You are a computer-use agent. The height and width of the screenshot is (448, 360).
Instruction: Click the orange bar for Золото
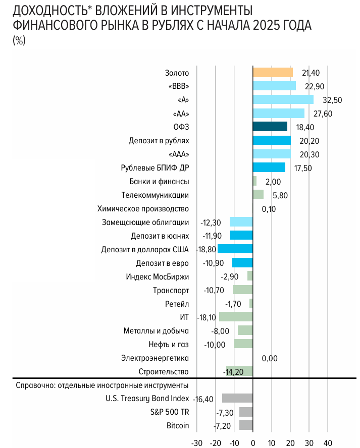pyautogui.click(x=273, y=73)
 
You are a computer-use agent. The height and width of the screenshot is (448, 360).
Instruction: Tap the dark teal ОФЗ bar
pyautogui.click(x=270, y=127)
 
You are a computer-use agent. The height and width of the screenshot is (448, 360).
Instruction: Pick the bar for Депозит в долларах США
pyautogui.click(x=235, y=249)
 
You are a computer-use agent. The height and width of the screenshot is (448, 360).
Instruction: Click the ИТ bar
pyautogui.click(x=236, y=317)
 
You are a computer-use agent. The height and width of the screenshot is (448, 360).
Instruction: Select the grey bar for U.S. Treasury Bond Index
pyautogui.click(x=237, y=398)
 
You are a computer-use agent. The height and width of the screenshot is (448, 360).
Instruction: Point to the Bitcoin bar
pyautogui.click(x=246, y=425)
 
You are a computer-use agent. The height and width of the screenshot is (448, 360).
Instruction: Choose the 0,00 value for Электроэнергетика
pyautogui.click(x=270, y=358)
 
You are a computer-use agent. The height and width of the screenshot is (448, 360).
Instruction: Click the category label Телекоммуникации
pyautogui.click(x=155, y=195)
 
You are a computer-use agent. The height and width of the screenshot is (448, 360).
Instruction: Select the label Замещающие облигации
pyautogui.click(x=145, y=222)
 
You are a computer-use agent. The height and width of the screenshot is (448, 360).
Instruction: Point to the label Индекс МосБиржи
pyautogui.click(x=157, y=276)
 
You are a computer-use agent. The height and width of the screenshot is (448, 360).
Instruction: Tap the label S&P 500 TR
pyautogui.click(x=170, y=412)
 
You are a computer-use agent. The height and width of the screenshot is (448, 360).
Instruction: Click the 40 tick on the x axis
pyautogui.click(x=328, y=442)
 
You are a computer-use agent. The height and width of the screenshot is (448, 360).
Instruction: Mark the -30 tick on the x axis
pyautogui.click(x=196, y=442)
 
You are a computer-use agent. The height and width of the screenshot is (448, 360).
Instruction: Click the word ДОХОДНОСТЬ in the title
pyautogui.click(x=43, y=12)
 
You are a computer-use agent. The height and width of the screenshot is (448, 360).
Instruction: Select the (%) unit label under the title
pyautogui.click(x=18, y=41)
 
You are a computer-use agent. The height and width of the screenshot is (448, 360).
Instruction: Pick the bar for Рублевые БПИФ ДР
pyautogui.click(x=269, y=167)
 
